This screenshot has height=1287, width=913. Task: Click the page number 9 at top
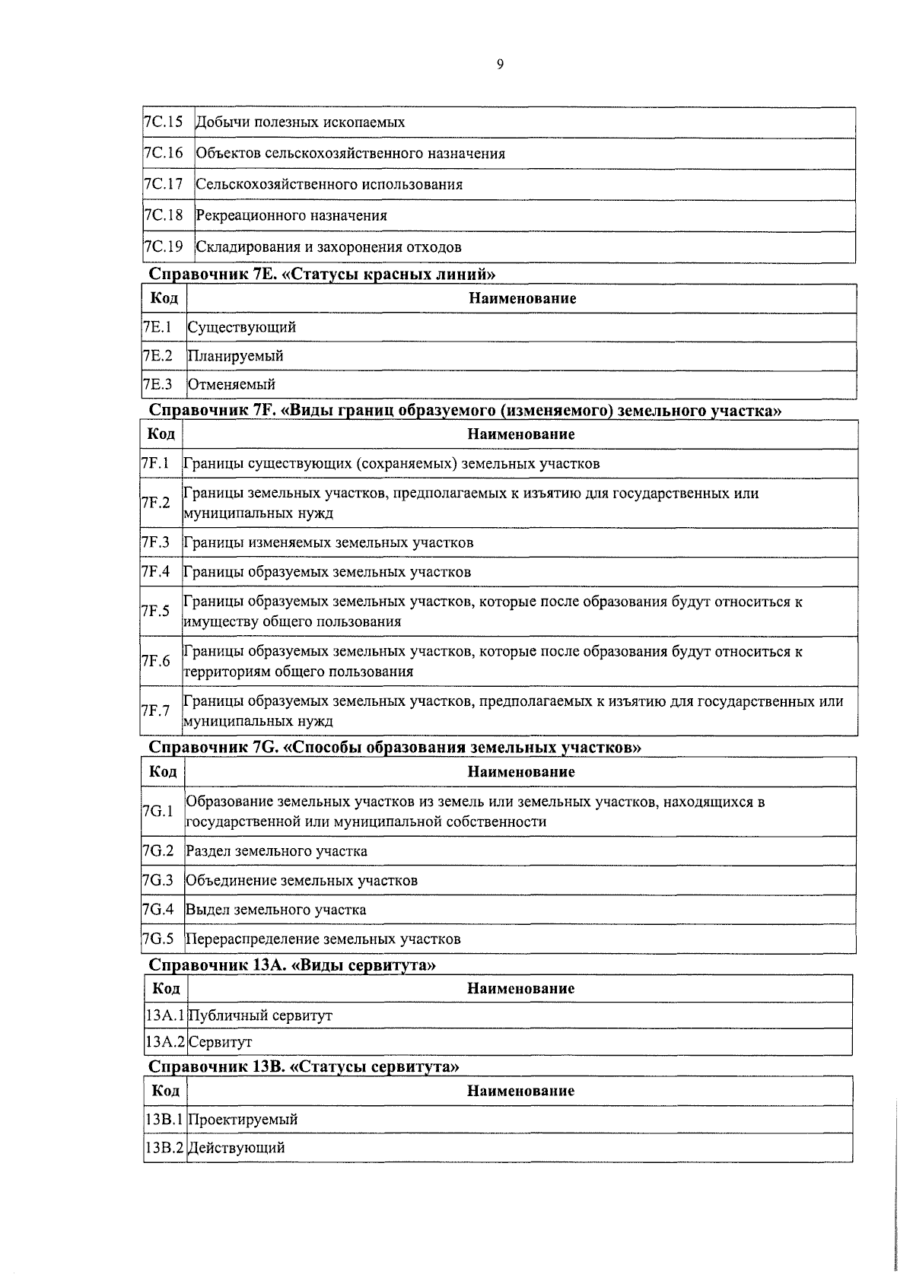pyautogui.click(x=500, y=65)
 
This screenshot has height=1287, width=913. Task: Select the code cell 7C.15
pyautogui.click(x=164, y=122)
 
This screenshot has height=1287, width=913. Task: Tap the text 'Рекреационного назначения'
pyautogui.click(x=291, y=216)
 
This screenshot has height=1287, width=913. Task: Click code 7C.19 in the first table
pyautogui.click(x=164, y=247)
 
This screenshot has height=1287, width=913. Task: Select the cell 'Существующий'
pyautogui.click(x=242, y=328)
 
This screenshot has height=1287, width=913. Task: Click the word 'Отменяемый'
pyautogui.click(x=231, y=385)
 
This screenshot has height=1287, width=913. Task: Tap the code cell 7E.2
pyautogui.click(x=157, y=356)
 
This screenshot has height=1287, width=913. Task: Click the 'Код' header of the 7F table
pyautogui.click(x=161, y=434)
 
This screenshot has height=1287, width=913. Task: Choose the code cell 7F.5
pyautogui.click(x=155, y=612)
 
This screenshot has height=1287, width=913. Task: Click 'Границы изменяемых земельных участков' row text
pyautogui.click(x=328, y=543)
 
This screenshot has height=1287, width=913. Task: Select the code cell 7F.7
pyautogui.click(x=155, y=711)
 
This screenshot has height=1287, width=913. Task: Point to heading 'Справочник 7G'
pyautogui.click(x=394, y=747)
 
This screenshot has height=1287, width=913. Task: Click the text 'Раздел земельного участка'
pyautogui.click(x=277, y=852)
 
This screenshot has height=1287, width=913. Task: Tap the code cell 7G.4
pyautogui.click(x=158, y=910)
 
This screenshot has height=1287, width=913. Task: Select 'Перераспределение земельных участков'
pyautogui.click(x=323, y=939)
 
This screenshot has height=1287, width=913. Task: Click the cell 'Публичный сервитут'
pyautogui.click(x=260, y=1016)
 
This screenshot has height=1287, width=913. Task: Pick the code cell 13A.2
pyautogui.click(x=165, y=1042)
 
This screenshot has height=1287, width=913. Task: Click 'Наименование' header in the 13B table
pyautogui.click(x=520, y=1092)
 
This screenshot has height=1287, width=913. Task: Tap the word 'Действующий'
pyautogui.click(x=237, y=1149)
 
